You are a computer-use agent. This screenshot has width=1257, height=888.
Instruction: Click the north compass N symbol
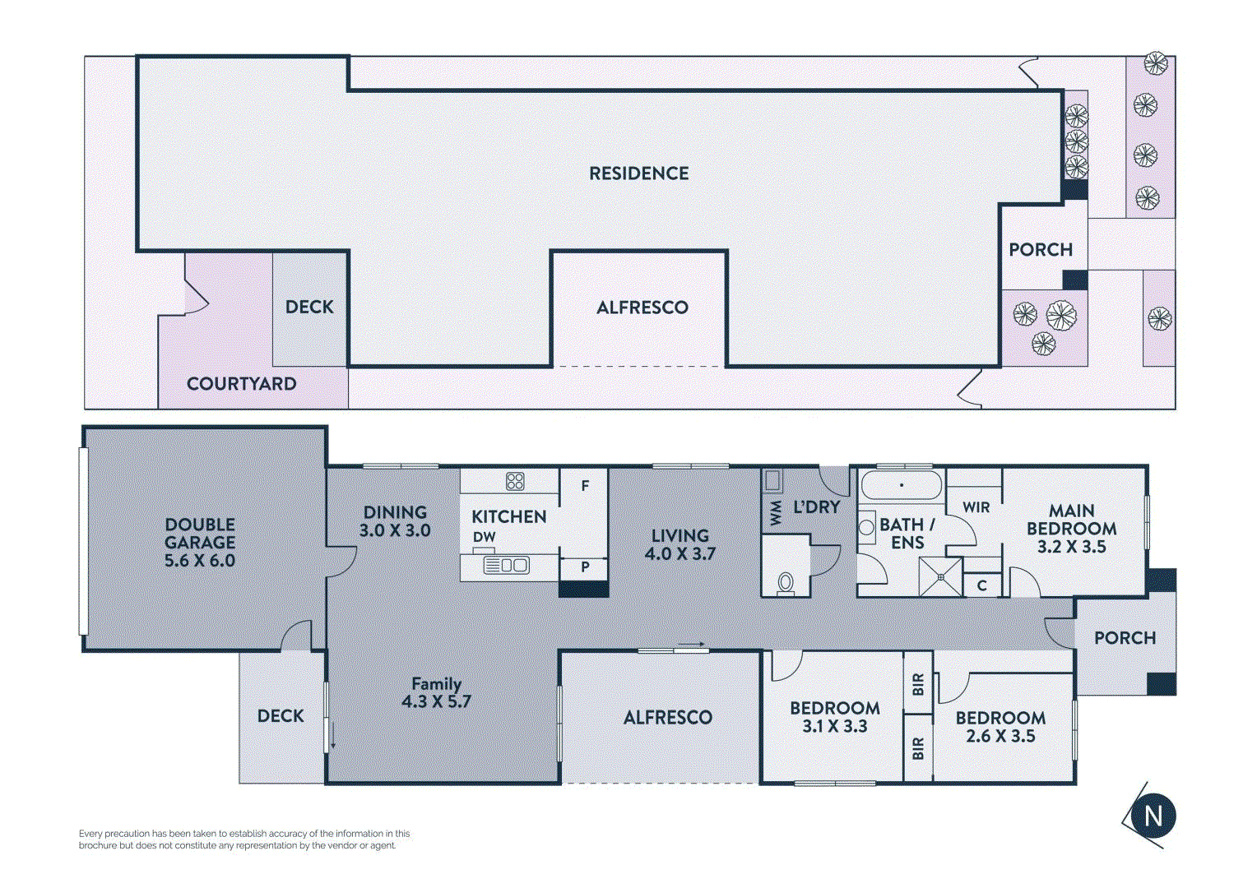click(x=1153, y=816)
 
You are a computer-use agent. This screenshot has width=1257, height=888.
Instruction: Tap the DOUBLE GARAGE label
click(x=200, y=534)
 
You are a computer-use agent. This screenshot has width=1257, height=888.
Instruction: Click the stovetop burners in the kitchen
click(x=515, y=481)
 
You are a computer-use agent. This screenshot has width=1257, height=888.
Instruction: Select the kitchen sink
click(x=506, y=565)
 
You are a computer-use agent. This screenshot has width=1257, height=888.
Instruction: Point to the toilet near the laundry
click(x=785, y=584)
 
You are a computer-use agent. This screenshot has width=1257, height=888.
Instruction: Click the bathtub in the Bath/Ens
click(x=902, y=484)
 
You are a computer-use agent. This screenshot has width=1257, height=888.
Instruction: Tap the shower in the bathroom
click(x=940, y=576)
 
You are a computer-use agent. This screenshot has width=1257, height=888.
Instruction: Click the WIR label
click(x=976, y=507)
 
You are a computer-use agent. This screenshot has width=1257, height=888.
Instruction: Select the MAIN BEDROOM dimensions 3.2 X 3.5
click(x=1072, y=547)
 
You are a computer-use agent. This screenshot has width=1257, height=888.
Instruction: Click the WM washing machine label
click(x=776, y=516)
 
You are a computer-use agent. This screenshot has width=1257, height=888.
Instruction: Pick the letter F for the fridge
click(x=585, y=485)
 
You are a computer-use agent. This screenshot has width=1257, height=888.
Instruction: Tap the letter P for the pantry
click(x=585, y=567)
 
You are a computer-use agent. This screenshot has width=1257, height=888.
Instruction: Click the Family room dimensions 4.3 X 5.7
click(x=436, y=701)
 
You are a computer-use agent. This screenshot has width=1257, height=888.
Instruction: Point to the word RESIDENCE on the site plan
click(x=638, y=173)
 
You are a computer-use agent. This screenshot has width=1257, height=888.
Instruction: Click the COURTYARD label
click(x=241, y=384)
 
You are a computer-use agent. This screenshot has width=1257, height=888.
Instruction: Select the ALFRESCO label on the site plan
click(x=642, y=308)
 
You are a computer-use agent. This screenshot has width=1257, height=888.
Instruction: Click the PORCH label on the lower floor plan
click(x=1125, y=638)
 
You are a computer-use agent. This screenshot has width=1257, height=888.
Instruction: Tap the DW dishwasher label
click(x=484, y=537)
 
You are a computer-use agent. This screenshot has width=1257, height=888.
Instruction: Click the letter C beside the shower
click(x=981, y=585)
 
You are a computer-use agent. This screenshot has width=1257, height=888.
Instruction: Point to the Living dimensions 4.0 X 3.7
click(x=680, y=553)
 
